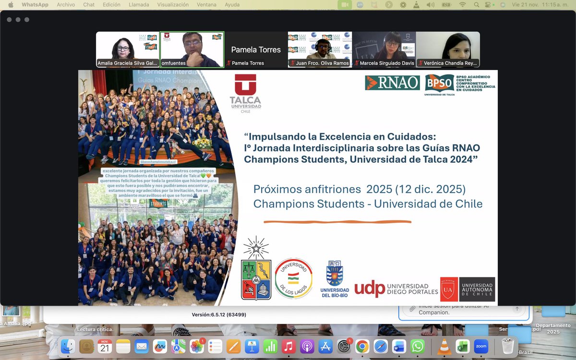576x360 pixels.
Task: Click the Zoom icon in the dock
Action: pyautogui.click(x=481, y=346)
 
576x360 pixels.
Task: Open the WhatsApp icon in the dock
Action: pyautogui.click(x=418, y=346)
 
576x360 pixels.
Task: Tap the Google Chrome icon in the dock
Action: pyautogui.click(x=362, y=346)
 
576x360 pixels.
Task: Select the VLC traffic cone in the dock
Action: pyautogui.click(x=444, y=346)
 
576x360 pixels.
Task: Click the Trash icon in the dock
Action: pyautogui.click(x=508, y=346)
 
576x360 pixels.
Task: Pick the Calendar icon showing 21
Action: pyautogui.click(x=105, y=346)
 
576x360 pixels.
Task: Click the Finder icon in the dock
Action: pyautogui.click(x=68, y=346)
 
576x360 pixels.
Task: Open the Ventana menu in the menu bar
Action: pyautogui.click(x=207, y=5)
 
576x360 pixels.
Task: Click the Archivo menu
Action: pyautogui.click(x=66, y=5)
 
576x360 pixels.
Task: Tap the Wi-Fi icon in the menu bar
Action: pyautogui.click(x=462, y=5)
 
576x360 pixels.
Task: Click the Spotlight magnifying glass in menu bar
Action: pyautogui.click(x=476, y=5)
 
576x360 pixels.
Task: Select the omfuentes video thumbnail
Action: pyautogui.click(x=192, y=49)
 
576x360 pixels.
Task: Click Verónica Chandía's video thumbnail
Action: pyautogui.click(x=448, y=49)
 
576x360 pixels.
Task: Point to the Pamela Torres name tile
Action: pyautogui.click(x=256, y=49)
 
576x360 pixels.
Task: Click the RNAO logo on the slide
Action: pyautogui.click(x=392, y=83)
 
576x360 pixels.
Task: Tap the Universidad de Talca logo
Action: pyautogui.click(x=245, y=94)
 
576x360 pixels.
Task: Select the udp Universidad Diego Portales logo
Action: pyautogui.click(x=396, y=288)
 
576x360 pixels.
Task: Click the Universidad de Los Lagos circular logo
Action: pyautogui.click(x=294, y=278)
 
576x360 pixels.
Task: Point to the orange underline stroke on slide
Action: pyautogui.click(x=337, y=222)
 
